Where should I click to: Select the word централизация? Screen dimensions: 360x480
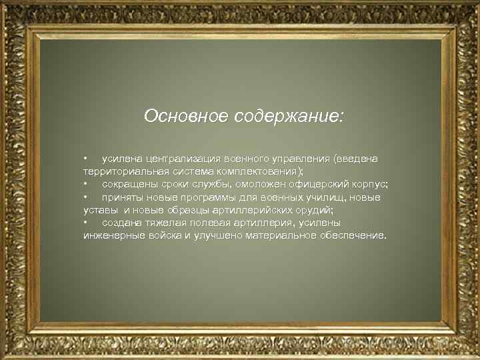(185, 159)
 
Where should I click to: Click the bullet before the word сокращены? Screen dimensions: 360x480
(86, 184)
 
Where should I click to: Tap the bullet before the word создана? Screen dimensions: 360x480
(86, 223)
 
